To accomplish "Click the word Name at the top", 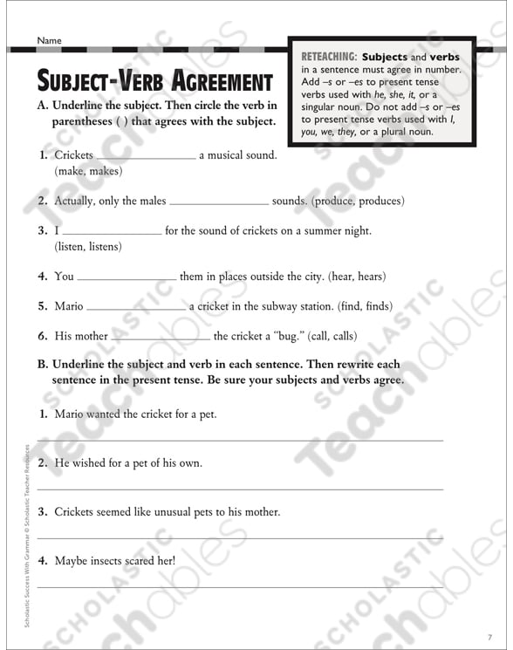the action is (49, 41).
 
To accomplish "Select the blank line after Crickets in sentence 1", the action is (147, 159).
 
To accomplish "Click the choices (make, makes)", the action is (88, 171).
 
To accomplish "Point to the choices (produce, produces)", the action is (357, 201).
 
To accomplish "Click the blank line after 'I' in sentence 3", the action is (113, 235).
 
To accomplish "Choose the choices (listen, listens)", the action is (88, 247).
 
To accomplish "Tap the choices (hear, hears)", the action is (357, 277).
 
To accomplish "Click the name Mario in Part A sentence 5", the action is (69, 306).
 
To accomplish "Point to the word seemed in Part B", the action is (114, 512).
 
